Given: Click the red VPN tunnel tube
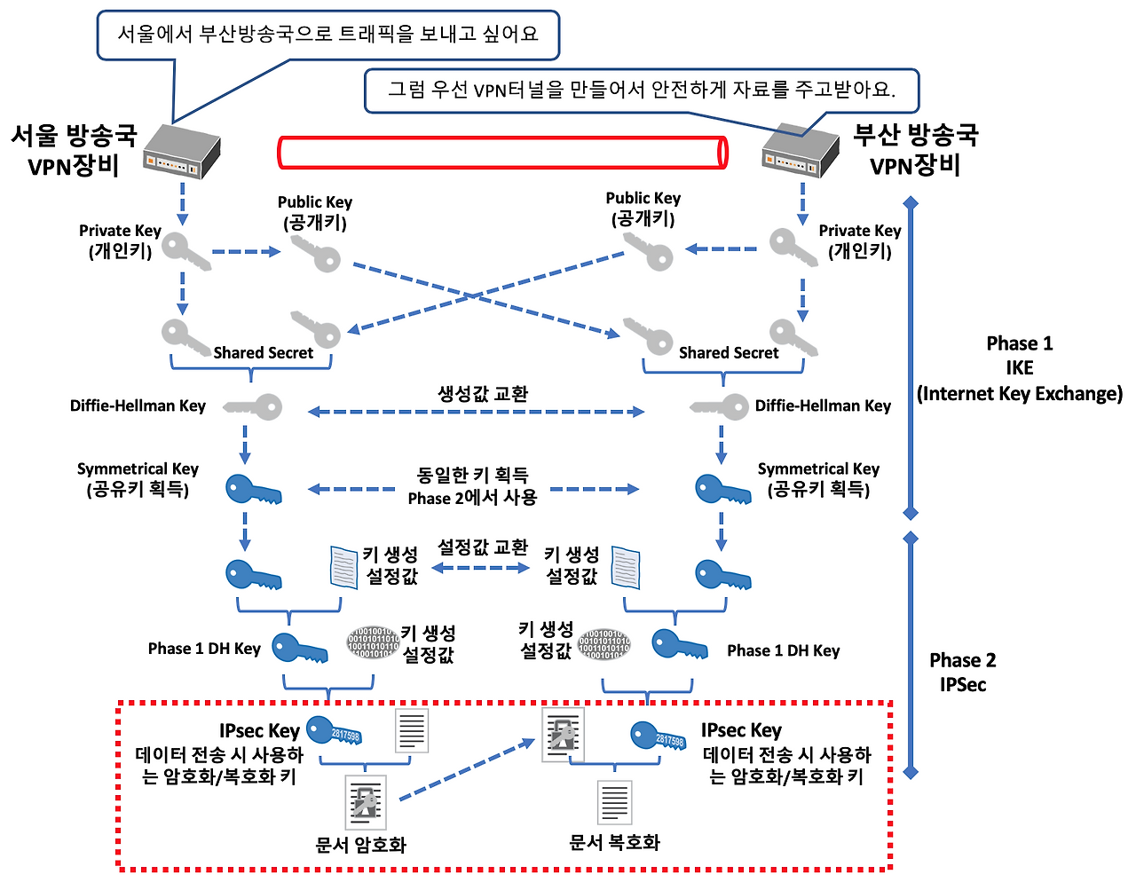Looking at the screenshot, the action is (501, 153).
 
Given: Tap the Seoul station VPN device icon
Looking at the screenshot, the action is (182, 152).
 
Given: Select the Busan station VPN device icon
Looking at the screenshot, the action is (801, 151).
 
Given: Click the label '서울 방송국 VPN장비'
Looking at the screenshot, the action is (74, 150).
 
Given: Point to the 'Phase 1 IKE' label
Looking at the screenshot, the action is (1020, 368).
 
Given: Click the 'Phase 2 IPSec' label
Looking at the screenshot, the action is (962, 672).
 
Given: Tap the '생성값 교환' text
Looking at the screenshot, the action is (483, 393).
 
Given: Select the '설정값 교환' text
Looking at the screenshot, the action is (483, 547).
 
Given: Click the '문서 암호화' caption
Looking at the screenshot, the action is (360, 845).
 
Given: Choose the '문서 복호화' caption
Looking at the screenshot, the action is (614, 842).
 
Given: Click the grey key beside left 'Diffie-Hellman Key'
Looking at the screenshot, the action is (253, 406).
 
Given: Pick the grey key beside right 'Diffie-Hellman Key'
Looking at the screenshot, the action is (720, 406).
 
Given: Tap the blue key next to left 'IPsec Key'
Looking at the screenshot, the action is (334, 730).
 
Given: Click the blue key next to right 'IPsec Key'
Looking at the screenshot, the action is (658, 736).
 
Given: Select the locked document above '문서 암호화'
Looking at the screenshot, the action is (366, 802).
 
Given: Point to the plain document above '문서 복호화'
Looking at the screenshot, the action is (615, 802).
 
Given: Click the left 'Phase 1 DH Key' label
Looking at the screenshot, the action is (204, 649).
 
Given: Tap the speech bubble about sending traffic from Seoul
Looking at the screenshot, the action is (328, 35).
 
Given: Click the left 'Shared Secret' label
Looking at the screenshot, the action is (263, 352).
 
